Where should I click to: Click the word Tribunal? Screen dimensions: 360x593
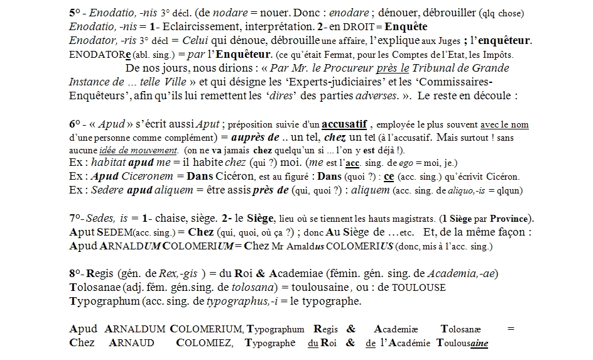click(436, 68)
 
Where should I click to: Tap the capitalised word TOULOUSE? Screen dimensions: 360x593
click(419, 288)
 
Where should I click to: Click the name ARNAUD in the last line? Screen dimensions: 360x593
click(132, 343)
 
